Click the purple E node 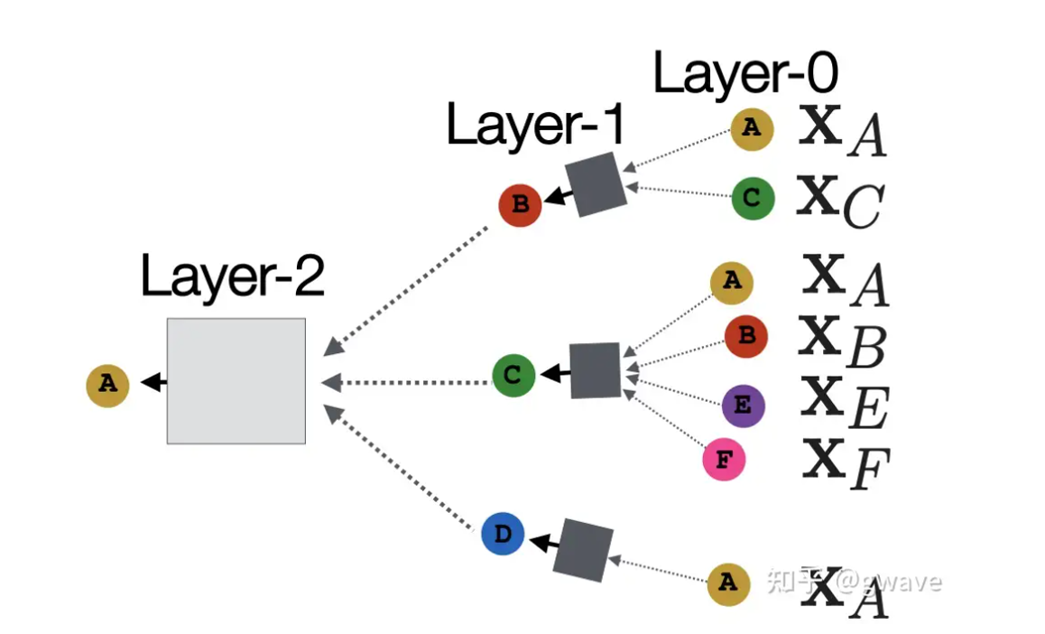pos(743,406)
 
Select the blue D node pos(503,534)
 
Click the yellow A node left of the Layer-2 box pos(107,384)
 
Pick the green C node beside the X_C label pos(753,198)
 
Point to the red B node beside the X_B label pos(746,336)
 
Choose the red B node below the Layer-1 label pos(520,204)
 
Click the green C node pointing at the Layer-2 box pos(513,374)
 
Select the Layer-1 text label pos(535,126)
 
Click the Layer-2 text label pos(232,276)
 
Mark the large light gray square pos(236,380)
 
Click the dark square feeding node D pos(583,550)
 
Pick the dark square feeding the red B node pos(595,184)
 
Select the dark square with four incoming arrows pos(596,370)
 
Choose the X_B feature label pos(844,343)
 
